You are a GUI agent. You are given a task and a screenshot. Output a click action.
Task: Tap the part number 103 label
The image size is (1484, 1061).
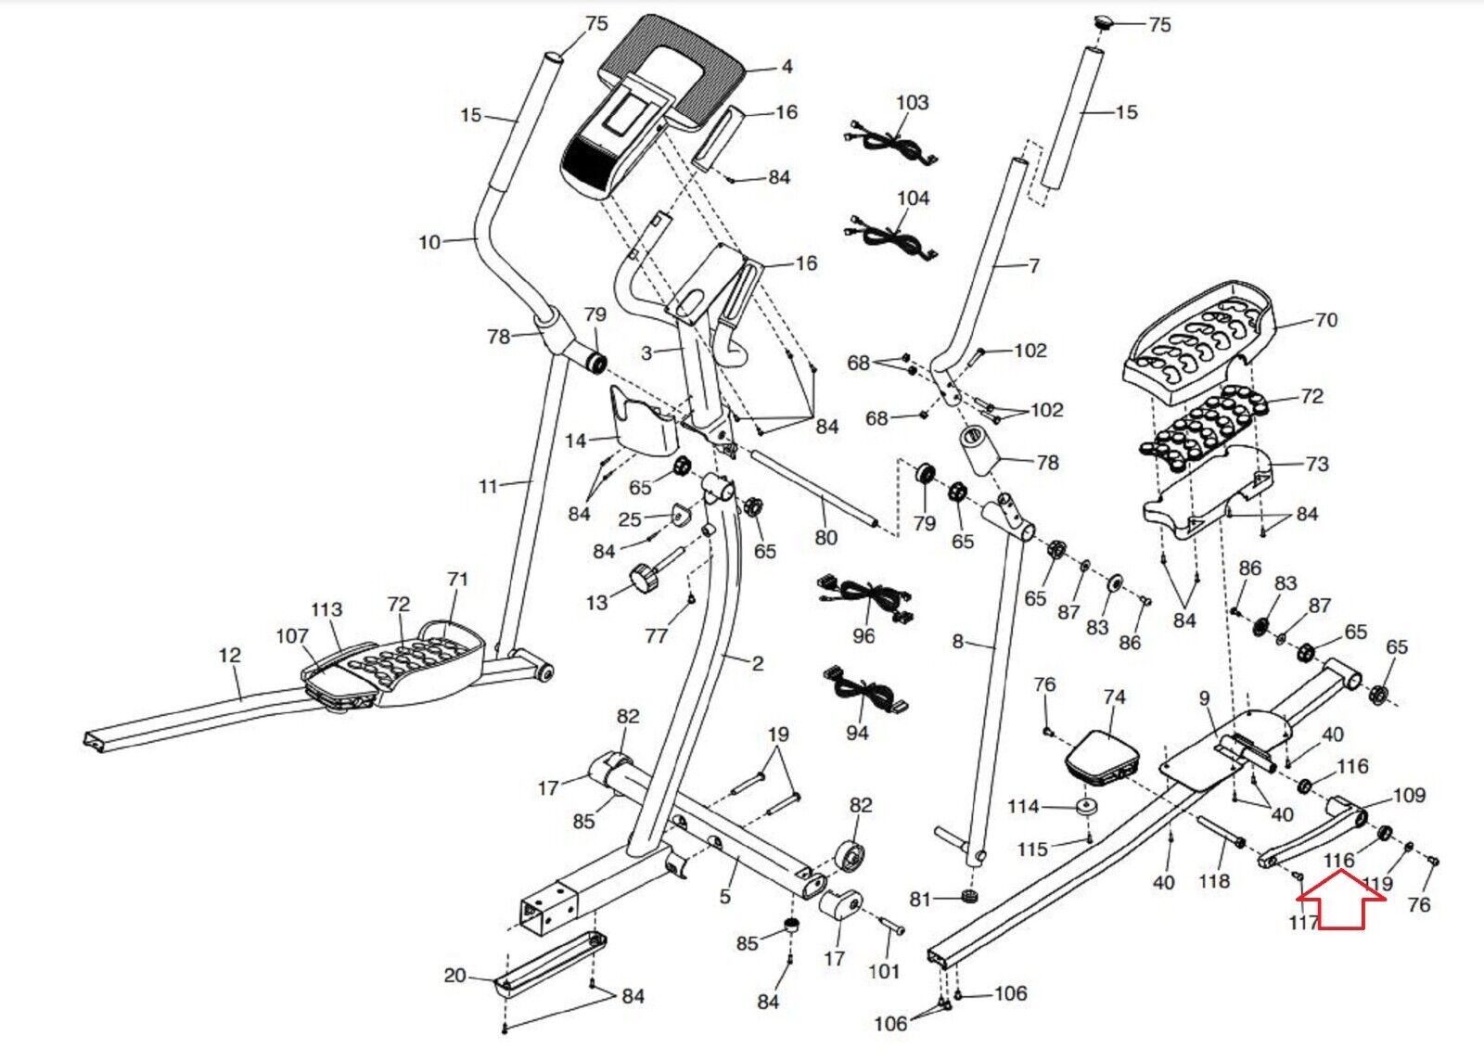click(x=912, y=102)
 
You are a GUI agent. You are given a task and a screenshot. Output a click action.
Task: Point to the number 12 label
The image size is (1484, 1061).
click(x=229, y=655)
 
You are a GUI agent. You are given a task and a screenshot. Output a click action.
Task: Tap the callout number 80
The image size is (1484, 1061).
click(x=825, y=537)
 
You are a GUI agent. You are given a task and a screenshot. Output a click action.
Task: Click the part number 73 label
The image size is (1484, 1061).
click(x=1316, y=464)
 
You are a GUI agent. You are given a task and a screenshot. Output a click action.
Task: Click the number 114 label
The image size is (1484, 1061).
click(x=1023, y=806)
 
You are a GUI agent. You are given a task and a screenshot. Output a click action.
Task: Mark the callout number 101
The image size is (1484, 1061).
click(x=884, y=971)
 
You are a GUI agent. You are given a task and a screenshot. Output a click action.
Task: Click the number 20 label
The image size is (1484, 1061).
click(x=454, y=975)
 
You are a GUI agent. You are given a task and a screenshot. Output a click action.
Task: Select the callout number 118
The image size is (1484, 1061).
click(x=1214, y=881)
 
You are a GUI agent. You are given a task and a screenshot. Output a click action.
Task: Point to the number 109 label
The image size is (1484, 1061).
click(x=1409, y=795)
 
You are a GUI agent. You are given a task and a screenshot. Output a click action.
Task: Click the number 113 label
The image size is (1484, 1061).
click(x=326, y=609)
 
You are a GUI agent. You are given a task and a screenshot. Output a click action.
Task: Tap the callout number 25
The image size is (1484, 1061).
click(x=630, y=518)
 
